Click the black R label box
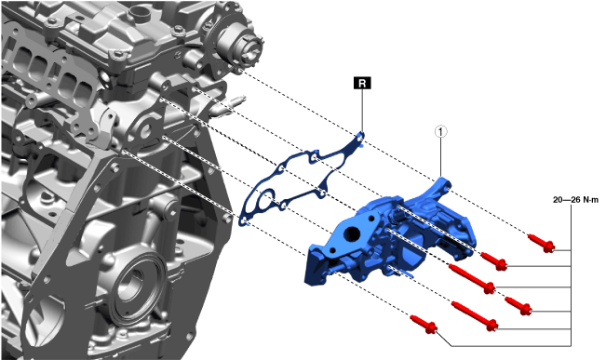click(362, 83)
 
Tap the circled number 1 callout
click(440, 132)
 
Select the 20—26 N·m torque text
click(575, 200)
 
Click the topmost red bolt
click(541, 243)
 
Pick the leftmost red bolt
click(424, 325)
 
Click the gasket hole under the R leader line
click(360, 136)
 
